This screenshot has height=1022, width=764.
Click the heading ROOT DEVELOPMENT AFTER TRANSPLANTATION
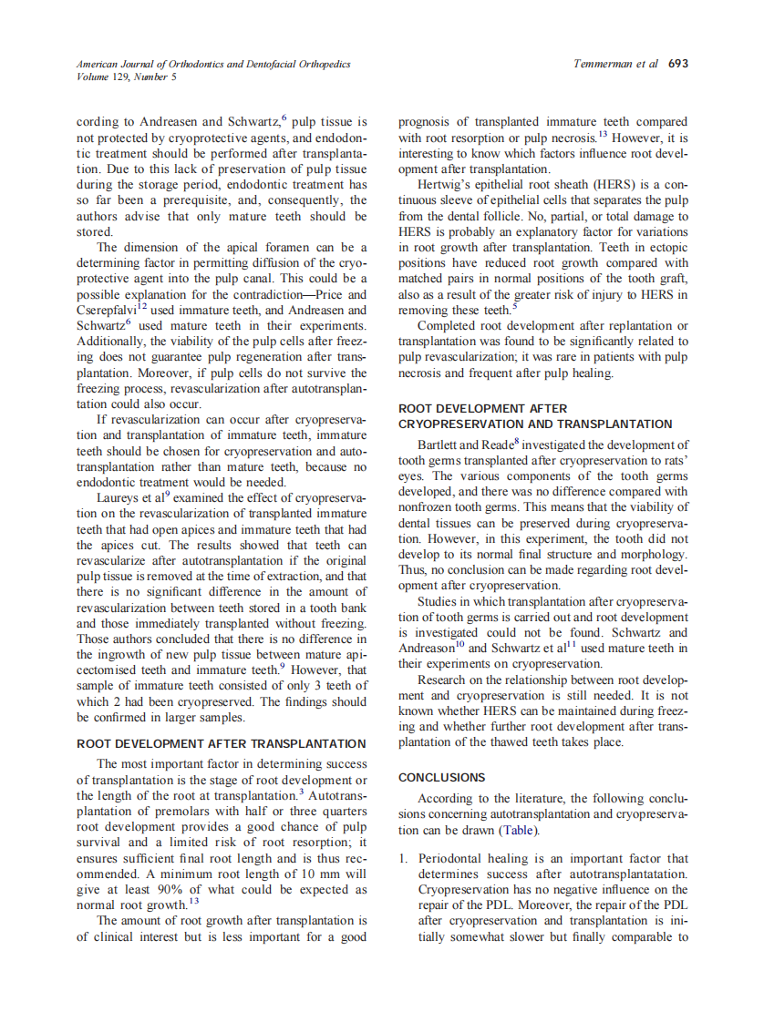[222, 744]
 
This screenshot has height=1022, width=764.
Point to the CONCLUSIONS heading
[442, 778]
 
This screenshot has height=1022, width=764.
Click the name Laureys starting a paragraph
[120, 498]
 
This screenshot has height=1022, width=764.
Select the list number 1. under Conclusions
[404, 859]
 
